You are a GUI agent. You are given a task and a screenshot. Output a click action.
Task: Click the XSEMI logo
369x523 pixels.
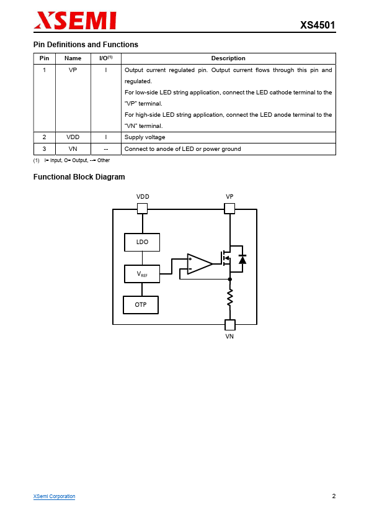[75, 20]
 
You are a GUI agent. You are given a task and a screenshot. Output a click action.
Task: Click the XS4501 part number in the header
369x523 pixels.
[318, 25]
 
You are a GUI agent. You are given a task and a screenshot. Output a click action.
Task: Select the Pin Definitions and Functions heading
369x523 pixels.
[86, 45]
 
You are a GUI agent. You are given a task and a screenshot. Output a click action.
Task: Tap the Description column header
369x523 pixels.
[228, 58]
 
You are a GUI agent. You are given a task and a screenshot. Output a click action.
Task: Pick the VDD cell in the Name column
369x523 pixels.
[73, 137]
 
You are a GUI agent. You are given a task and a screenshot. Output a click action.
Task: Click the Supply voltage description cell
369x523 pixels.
[228, 137]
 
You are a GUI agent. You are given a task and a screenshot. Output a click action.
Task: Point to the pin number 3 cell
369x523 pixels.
[44, 148]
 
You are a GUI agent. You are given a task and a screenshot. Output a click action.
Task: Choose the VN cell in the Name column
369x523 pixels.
[73, 148]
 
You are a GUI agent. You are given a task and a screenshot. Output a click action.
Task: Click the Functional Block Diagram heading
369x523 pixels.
[79, 177]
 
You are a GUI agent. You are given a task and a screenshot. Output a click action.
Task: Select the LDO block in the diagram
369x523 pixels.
[142, 242]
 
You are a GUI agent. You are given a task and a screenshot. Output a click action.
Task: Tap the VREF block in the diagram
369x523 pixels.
[142, 274]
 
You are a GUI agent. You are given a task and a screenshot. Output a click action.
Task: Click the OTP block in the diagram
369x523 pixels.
[141, 305]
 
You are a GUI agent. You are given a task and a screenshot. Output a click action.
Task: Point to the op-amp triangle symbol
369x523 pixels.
[199, 264]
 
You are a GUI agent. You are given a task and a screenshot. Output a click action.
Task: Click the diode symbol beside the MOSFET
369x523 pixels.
[242, 259]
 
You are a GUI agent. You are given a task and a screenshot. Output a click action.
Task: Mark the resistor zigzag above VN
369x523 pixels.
[230, 298]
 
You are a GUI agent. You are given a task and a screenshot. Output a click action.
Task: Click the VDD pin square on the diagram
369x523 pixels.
[142, 209]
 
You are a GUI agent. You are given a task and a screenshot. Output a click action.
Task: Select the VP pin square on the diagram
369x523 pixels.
[229, 209]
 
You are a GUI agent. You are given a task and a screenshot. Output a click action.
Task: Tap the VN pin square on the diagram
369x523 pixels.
[230, 324]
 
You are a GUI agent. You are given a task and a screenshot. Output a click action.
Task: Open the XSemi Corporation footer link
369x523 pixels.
[55, 496]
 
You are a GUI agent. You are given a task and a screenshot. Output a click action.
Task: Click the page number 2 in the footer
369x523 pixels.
[334, 496]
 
